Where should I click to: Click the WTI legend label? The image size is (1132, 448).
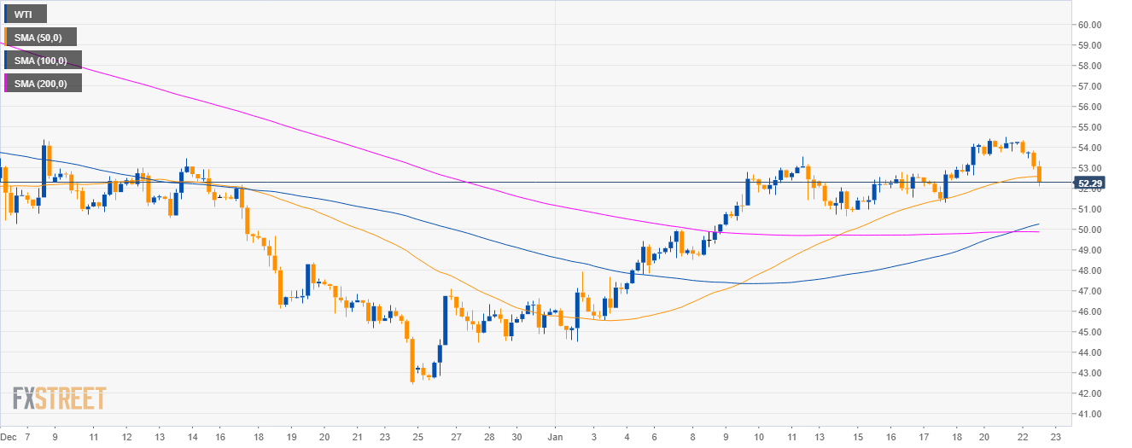[x=24, y=14]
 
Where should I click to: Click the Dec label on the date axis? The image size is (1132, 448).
[x=9, y=436]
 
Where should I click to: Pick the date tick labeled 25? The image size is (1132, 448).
[x=419, y=436]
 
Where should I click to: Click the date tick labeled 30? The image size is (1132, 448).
[x=516, y=436]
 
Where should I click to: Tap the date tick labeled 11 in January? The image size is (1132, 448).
[x=791, y=436]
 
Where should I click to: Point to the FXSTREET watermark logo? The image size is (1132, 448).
[x=59, y=399]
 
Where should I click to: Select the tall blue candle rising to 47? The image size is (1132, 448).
[x=445, y=320]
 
